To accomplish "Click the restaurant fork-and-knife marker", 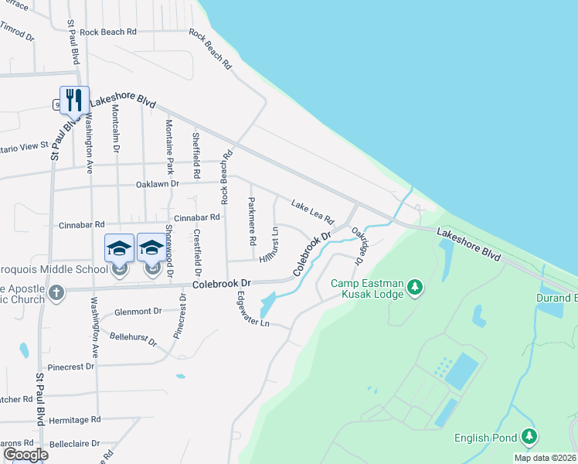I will pyautogui.click(x=74, y=100).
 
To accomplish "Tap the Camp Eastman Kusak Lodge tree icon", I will pyautogui.click(x=416, y=288).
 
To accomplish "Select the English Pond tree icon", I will pyautogui.click(x=529, y=438).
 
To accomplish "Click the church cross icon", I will pyautogui.click(x=56, y=293).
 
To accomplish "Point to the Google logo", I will pyautogui.click(x=25, y=455).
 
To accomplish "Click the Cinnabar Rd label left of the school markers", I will pyautogui.click(x=81, y=224).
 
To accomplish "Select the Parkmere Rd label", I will pyautogui.click(x=251, y=221).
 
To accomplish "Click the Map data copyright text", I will pyautogui.click(x=545, y=458).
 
